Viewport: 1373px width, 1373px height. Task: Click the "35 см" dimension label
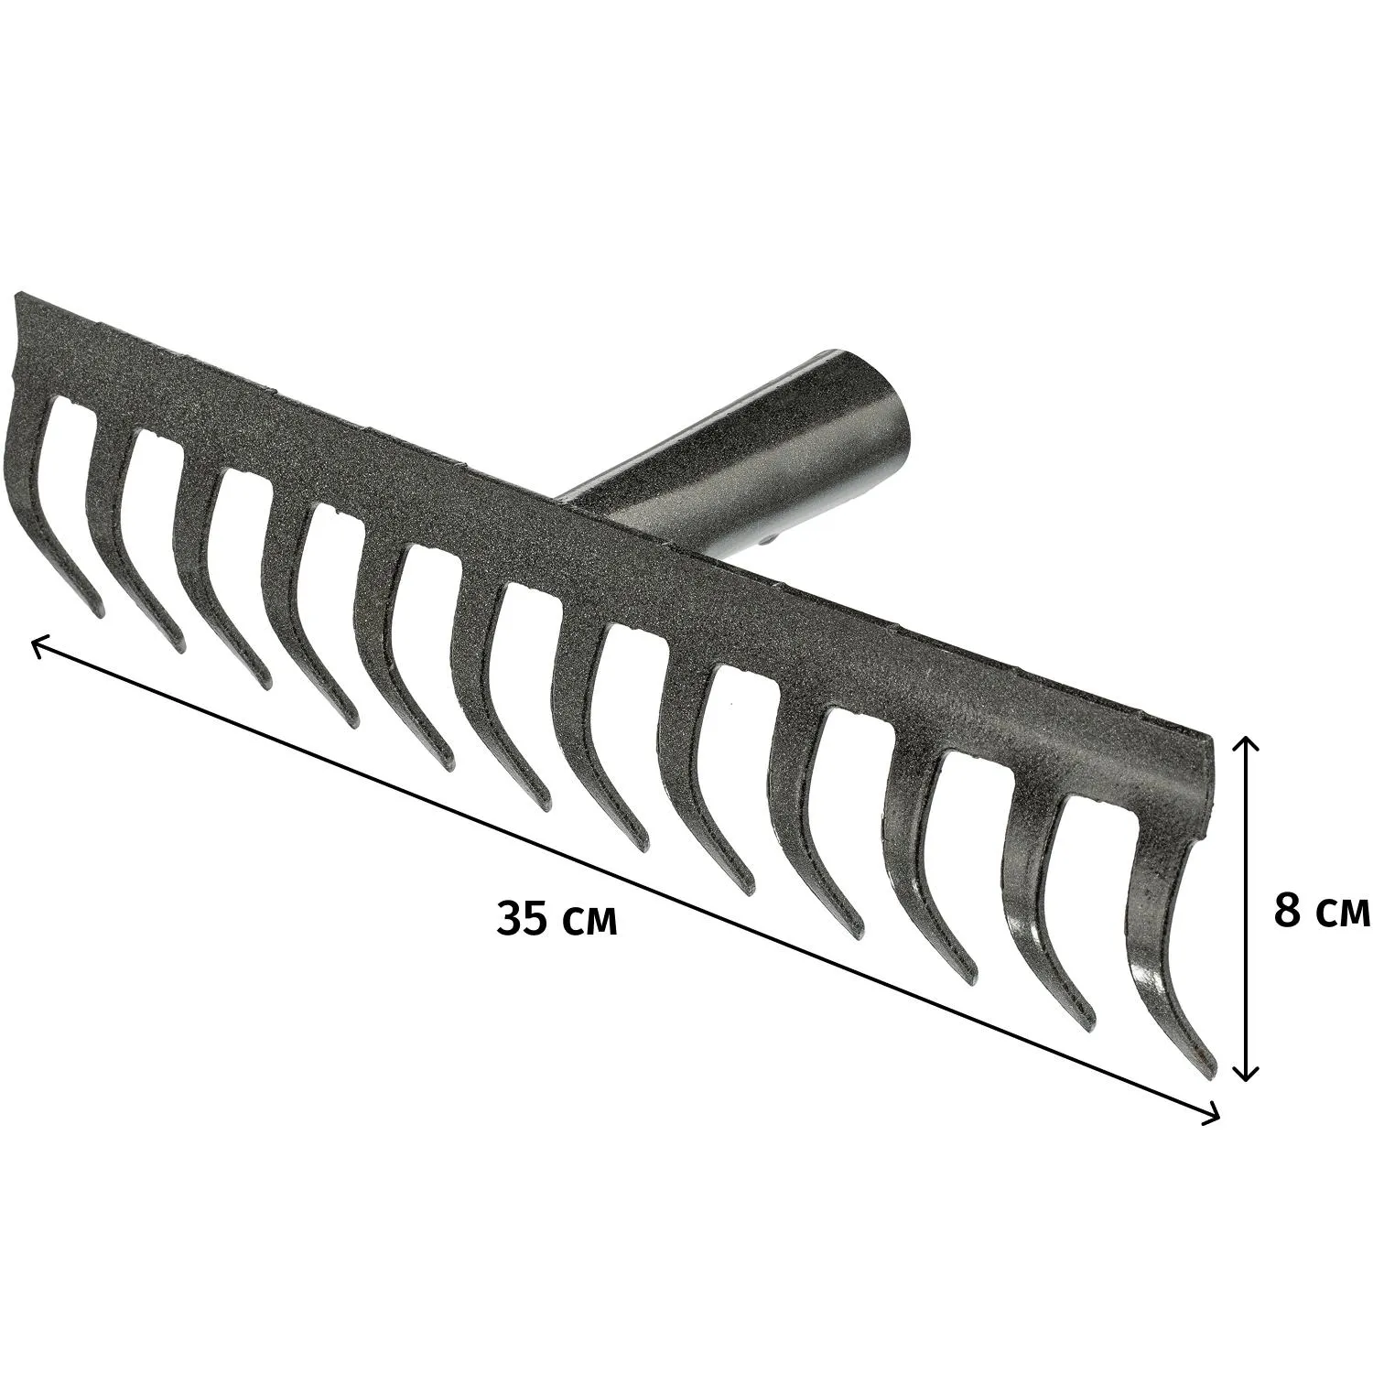(x=557, y=919)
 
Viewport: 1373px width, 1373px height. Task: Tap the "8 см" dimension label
(x=1322, y=911)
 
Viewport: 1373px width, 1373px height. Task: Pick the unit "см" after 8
(x=1343, y=914)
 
